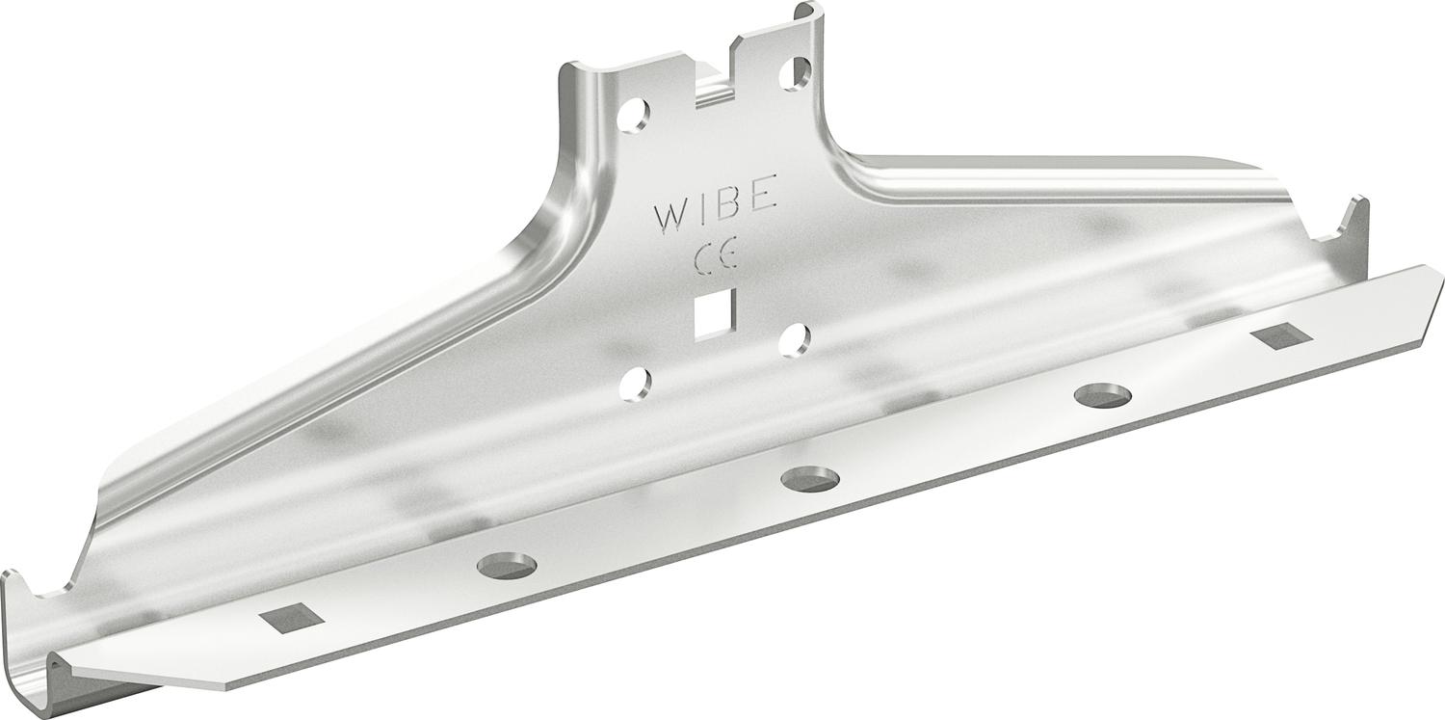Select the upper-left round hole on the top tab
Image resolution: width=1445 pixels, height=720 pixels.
point(632,116)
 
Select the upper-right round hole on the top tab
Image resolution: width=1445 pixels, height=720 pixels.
point(796,73)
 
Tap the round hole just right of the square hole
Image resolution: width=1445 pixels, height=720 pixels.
point(795,339)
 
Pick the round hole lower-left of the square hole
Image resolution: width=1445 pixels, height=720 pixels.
point(635,384)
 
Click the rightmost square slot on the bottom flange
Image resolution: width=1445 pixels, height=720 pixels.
point(1281,335)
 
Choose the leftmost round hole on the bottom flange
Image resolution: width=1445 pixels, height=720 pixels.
point(507,566)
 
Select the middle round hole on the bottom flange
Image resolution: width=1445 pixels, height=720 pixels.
point(810,478)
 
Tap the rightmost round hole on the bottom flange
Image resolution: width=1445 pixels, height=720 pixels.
point(1103,395)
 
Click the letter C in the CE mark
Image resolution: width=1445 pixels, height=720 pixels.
point(704,255)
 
